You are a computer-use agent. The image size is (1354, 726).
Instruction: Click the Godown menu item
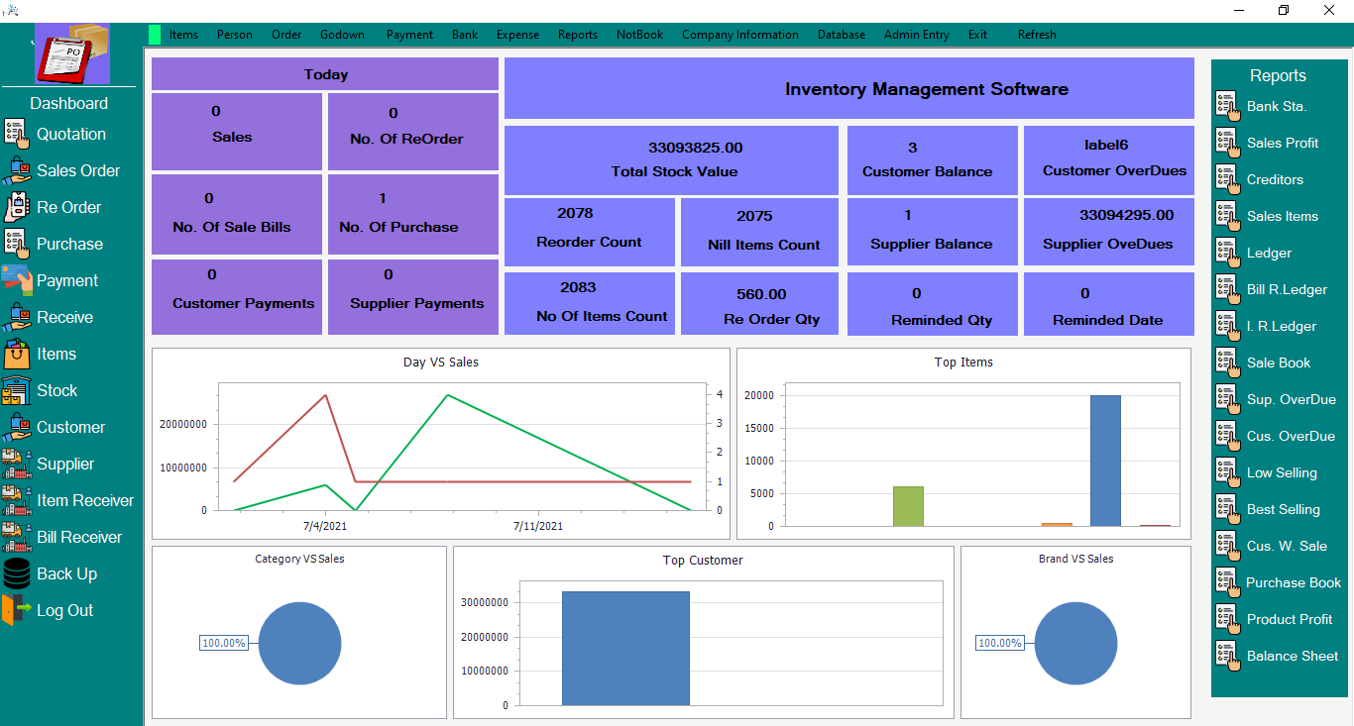click(342, 35)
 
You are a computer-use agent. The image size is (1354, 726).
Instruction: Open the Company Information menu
click(739, 35)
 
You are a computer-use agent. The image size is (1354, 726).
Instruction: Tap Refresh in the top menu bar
click(1037, 35)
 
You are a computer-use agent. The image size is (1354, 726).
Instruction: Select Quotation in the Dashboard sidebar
click(70, 134)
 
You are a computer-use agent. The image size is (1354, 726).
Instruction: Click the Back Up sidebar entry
click(66, 573)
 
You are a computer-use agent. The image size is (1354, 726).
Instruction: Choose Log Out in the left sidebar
click(64, 610)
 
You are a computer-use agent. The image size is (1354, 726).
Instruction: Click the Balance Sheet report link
click(1292, 656)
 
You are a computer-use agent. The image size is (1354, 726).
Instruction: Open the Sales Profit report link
click(1282, 143)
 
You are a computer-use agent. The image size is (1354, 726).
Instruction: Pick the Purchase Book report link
click(1293, 582)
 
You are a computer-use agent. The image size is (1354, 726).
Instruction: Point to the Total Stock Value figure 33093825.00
click(695, 148)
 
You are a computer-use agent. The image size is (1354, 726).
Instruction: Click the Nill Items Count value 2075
click(754, 216)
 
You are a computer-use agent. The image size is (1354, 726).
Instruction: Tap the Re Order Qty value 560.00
click(761, 294)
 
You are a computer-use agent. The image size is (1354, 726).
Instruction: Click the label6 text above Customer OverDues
click(1106, 146)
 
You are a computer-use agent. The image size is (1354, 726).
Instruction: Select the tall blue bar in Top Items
click(1105, 461)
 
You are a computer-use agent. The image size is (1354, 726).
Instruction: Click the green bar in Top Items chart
click(908, 506)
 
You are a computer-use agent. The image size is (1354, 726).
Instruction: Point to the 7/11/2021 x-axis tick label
click(538, 526)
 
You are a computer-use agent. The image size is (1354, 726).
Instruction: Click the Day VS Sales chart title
click(440, 363)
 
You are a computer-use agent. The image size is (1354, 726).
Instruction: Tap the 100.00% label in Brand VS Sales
click(999, 643)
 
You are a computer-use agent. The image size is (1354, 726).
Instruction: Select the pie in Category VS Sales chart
click(300, 644)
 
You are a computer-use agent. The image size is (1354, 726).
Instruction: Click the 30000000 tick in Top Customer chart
click(485, 602)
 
